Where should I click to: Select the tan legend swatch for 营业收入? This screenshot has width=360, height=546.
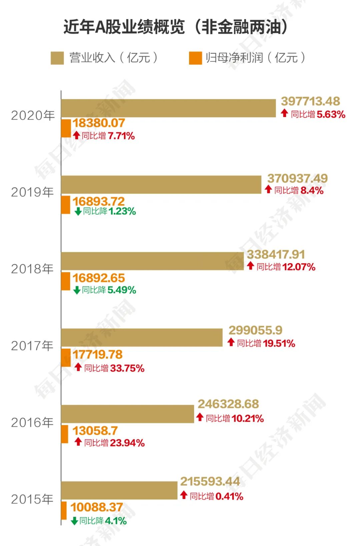tap(57, 58)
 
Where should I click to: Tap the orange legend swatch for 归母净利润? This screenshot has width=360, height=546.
tap(195, 58)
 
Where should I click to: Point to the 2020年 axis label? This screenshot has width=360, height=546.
tap(33, 116)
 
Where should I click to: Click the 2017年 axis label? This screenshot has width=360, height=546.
tap(32, 346)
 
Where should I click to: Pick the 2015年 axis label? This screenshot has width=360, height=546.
tap(32, 499)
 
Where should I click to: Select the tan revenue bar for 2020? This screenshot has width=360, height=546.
tap(168, 108)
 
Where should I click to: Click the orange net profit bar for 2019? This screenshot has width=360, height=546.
tap(66, 205)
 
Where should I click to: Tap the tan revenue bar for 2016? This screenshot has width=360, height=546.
tap(127, 414)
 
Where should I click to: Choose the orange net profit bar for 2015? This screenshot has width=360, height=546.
tap(64, 511)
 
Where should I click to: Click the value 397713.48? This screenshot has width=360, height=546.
tap(310, 101)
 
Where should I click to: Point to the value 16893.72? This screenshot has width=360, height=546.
tap(99, 201)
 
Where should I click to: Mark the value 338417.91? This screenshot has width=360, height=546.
tap(276, 255)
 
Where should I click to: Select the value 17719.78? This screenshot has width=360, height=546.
tap(98, 354)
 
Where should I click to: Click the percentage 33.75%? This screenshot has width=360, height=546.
tap(127, 368)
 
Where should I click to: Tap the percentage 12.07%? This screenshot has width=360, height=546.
tap(299, 267)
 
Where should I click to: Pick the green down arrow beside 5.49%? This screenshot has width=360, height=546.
tap(77, 290)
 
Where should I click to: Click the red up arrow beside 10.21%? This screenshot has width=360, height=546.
tap(200, 417)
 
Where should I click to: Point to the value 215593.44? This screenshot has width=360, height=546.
tap(210, 481)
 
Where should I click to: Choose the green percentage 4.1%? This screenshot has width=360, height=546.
tap(116, 521)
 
